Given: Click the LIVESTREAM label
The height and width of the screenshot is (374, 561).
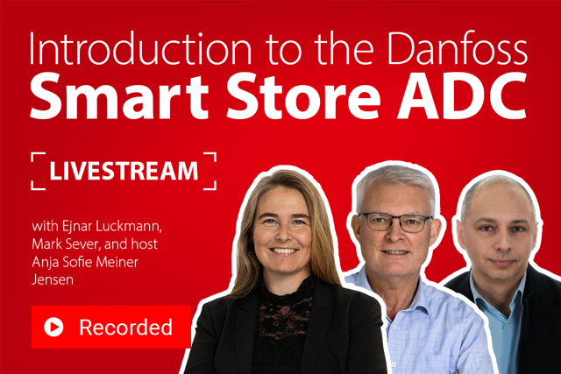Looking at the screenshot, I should coord(124,171).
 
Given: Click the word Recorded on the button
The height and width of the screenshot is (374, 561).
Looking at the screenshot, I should coord(125,328).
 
